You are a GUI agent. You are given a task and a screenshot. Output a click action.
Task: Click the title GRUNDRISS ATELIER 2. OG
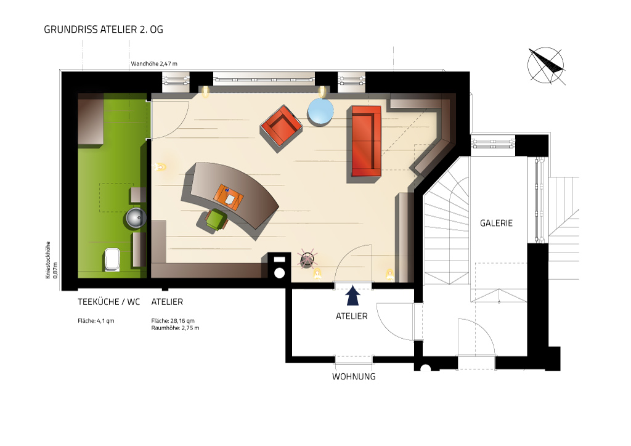pyautogui.click(x=104, y=30)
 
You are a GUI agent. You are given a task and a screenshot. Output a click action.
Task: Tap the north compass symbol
pyautogui.click(x=546, y=65)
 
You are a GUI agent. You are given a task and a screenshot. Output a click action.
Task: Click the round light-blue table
pyautogui.click(x=320, y=111)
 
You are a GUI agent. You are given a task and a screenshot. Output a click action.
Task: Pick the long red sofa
pyautogui.click(x=366, y=140)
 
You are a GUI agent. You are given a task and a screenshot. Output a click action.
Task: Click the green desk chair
pyautogui.click(x=216, y=219)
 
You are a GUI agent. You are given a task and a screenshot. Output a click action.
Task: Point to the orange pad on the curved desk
pyautogui.click(x=229, y=197)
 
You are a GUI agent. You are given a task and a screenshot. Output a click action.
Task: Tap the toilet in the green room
pyautogui.click(x=112, y=259)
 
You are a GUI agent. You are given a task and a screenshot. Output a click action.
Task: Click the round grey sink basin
pyautogui.click(x=136, y=218)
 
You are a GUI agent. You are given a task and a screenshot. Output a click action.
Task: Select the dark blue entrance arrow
pyautogui.click(x=353, y=296)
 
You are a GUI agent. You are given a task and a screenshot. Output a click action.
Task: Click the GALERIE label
pyautogui.click(x=496, y=223)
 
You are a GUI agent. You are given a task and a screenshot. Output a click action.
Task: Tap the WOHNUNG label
pyautogui.click(x=354, y=377)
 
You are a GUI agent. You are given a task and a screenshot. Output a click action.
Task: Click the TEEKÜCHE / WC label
pyautogui.click(x=108, y=302)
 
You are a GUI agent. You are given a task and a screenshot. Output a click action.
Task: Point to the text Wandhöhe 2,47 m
pyautogui.click(x=154, y=63)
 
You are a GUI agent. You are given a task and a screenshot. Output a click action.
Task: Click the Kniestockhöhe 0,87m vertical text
pyautogui.click(x=52, y=260)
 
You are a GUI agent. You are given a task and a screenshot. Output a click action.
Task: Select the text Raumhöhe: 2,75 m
pyautogui.click(x=175, y=328)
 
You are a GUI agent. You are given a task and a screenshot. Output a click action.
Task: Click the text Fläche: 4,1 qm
pyautogui.click(x=96, y=321)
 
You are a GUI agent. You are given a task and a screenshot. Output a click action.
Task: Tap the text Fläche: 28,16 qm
pyautogui.click(x=173, y=321)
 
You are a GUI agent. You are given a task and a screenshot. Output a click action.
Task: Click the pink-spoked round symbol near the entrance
pyautogui.click(x=307, y=259)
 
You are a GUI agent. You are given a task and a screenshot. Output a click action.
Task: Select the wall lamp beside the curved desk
pyautogui.click(x=160, y=166)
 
